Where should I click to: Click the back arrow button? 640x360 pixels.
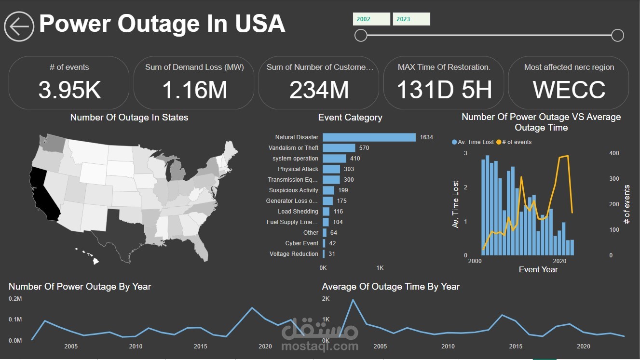coord(19,27)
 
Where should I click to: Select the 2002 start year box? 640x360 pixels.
coord(371,19)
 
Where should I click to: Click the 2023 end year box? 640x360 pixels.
coord(411,19)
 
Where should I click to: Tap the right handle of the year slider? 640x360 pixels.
coord(617,35)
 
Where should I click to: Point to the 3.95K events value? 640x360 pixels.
coord(69,90)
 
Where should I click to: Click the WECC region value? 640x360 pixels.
coord(569,90)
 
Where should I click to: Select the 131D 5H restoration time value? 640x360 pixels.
coord(444,90)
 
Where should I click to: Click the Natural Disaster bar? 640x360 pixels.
coord(369,137)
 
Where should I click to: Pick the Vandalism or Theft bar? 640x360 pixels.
coord(339,148)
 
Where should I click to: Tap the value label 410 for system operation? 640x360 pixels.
coord(355,159)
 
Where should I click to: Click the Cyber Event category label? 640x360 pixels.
coord(301,243)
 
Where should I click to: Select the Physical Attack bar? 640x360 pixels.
coord(331,169)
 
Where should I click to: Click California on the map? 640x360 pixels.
coord(43,193)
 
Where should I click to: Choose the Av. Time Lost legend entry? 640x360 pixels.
coord(473,142)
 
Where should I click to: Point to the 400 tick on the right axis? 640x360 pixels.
coord(614,153)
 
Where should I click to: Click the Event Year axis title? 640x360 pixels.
coord(538,269)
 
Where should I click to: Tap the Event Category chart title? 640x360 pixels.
coord(350,118)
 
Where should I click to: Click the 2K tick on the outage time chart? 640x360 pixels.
coord(326,299)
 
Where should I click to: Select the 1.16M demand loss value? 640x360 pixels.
coord(194,90)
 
